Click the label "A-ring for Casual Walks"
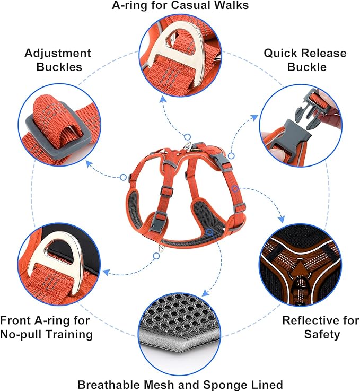(180, 6)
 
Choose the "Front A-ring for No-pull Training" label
(47, 327)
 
